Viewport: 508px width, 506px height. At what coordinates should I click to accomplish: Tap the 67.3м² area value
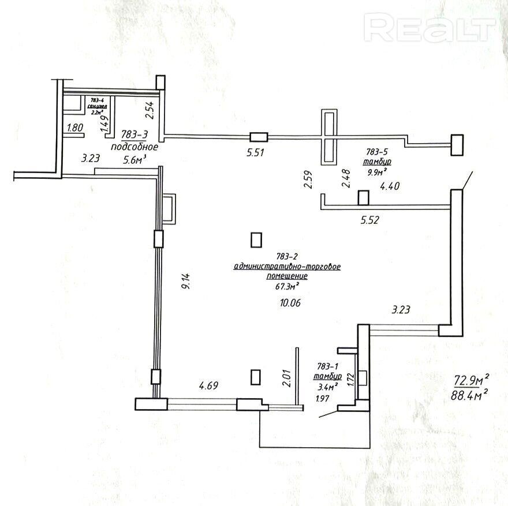coord(287,285)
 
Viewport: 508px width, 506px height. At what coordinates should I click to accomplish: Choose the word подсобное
coord(134,147)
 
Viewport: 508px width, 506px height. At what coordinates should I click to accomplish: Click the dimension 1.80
coord(76,128)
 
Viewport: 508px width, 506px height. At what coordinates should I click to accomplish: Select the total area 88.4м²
coord(471,394)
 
